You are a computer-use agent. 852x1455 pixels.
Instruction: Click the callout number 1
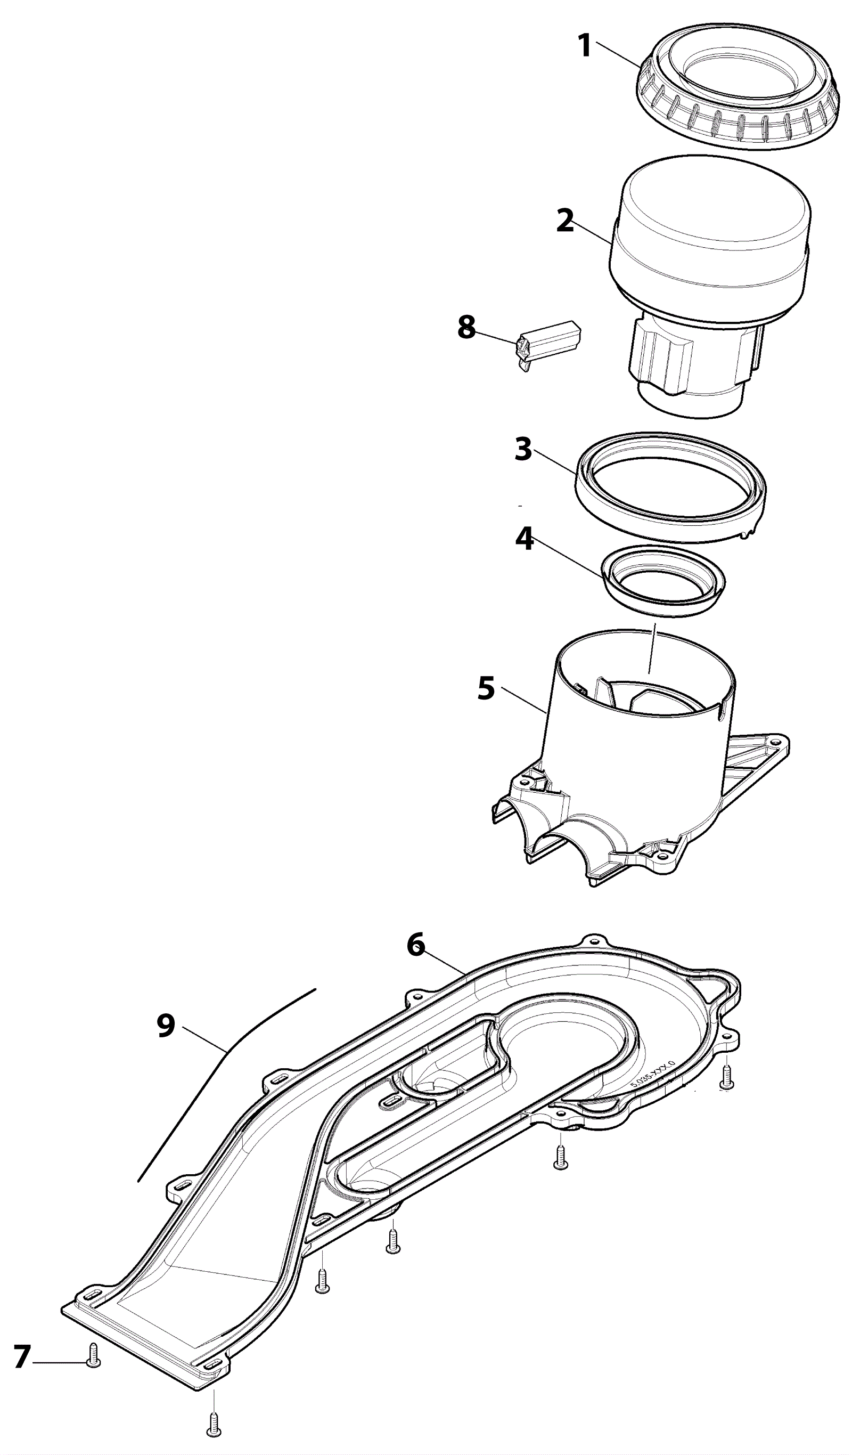point(585,46)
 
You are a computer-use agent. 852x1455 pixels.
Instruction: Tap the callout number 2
point(566,221)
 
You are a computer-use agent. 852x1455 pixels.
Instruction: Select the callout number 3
point(523,449)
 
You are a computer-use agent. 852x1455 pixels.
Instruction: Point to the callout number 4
point(524,539)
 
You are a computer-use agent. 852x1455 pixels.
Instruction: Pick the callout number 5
point(486,689)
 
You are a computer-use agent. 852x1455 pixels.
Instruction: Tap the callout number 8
point(466,327)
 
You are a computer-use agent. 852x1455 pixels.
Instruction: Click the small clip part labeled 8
point(548,344)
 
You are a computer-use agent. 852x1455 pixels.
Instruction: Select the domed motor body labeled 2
point(710,242)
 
